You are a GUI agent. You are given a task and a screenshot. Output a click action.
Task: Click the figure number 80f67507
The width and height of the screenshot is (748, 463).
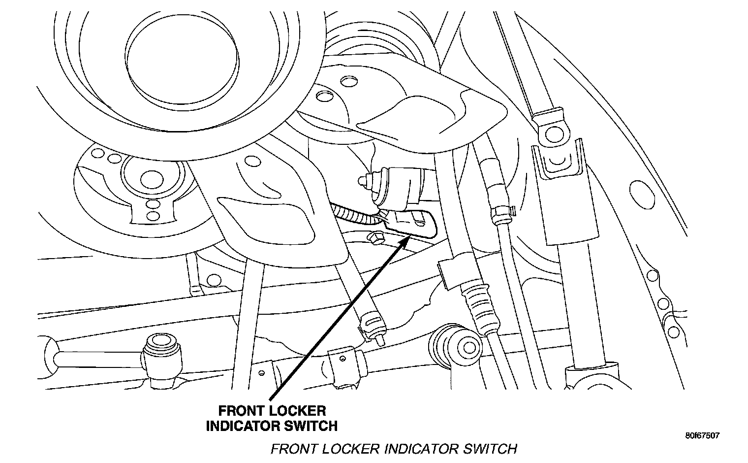point(702,435)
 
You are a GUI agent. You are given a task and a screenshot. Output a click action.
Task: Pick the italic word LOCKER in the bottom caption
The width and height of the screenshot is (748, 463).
point(349,449)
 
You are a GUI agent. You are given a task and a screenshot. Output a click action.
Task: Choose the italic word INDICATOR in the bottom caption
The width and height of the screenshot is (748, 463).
point(419,449)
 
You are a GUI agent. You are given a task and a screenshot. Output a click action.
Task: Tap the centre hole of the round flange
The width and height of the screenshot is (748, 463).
point(147,176)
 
